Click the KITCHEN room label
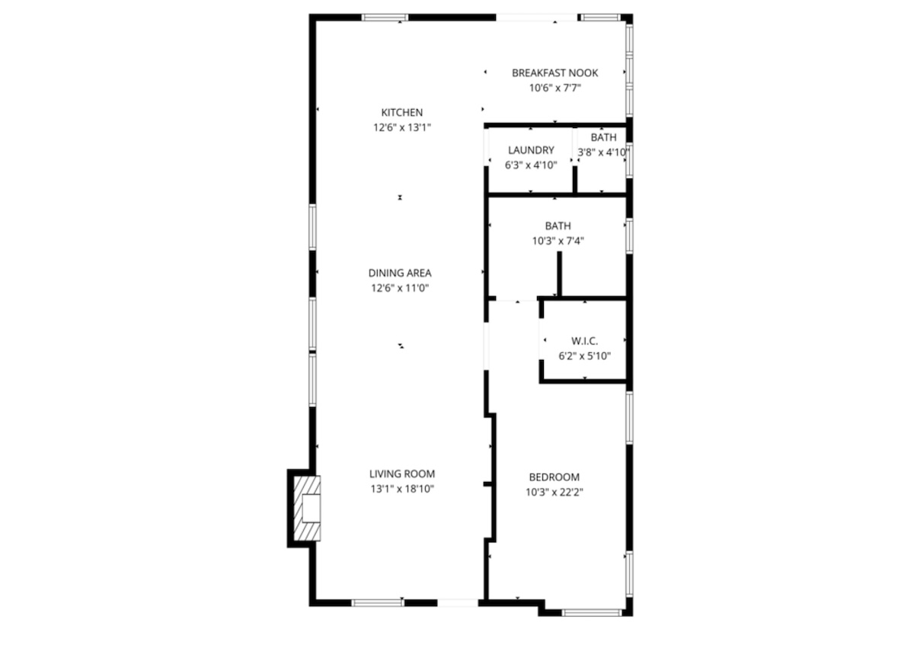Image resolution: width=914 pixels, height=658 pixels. pyautogui.click(x=402, y=112)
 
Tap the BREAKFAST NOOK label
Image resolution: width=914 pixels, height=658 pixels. pyautogui.click(x=555, y=72)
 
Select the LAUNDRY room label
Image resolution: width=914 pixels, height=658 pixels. pyautogui.click(x=531, y=150)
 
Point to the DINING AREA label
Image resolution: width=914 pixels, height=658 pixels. pyautogui.click(x=400, y=273)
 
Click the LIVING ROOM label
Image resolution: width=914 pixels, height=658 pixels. pyautogui.click(x=402, y=473)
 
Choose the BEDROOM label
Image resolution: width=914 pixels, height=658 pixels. pyautogui.click(x=554, y=477)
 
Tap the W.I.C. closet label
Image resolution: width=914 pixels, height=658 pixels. pyautogui.click(x=585, y=341)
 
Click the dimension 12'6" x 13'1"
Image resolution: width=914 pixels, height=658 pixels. pyautogui.click(x=402, y=127)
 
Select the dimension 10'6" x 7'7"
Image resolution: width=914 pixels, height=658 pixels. pyautogui.click(x=555, y=88)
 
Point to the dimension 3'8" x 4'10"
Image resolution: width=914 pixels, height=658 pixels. pyautogui.click(x=603, y=152)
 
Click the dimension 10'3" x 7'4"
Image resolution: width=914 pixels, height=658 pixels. pyautogui.click(x=558, y=241)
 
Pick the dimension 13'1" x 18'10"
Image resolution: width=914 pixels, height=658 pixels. pyautogui.click(x=402, y=489)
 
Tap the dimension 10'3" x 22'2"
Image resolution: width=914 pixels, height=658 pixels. pyautogui.click(x=554, y=493)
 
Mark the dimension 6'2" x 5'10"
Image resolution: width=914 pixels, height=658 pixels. pyautogui.click(x=585, y=356)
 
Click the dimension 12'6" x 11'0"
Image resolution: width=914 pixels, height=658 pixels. pyautogui.click(x=400, y=288)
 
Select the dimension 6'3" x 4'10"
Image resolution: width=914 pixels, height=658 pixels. pyautogui.click(x=531, y=165)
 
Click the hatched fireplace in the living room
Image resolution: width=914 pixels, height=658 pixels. pyautogui.click(x=307, y=508)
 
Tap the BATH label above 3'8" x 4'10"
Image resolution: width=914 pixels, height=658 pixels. pyautogui.click(x=603, y=137)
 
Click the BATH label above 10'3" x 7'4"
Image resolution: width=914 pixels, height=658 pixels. pyautogui.click(x=558, y=226)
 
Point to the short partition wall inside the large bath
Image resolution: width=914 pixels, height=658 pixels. pyautogui.click(x=559, y=274)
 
